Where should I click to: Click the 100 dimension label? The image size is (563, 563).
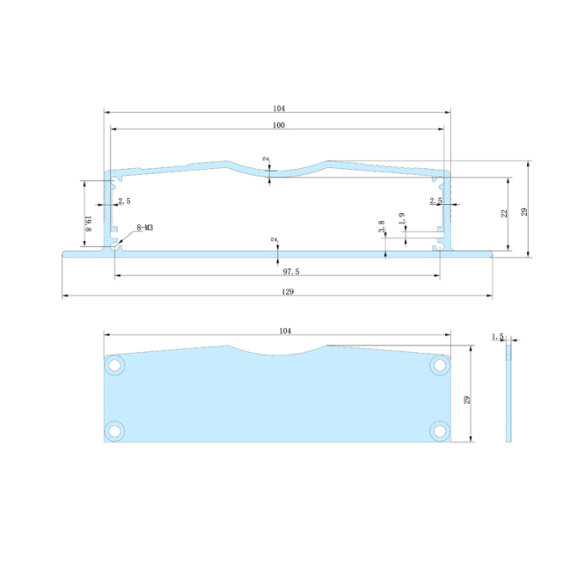[x=278, y=126]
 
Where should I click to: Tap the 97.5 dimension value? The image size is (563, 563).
[x=278, y=272]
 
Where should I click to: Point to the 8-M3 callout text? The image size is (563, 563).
[x=144, y=229]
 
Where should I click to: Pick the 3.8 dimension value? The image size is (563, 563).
[x=382, y=227]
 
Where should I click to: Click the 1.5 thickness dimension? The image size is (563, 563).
[x=498, y=337]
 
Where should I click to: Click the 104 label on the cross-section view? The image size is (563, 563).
[x=279, y=108]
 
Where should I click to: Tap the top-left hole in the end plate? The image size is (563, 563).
[x=114, y=365]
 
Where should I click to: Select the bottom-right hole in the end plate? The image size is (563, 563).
[x=439, y=429]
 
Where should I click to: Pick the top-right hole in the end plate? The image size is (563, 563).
[x=439, y=365]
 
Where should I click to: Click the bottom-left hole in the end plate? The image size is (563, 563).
[x=114, y=429]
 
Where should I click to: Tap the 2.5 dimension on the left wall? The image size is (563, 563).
[x=124, y=201]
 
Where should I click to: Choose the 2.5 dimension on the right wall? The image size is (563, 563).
[x=435, y=201]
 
